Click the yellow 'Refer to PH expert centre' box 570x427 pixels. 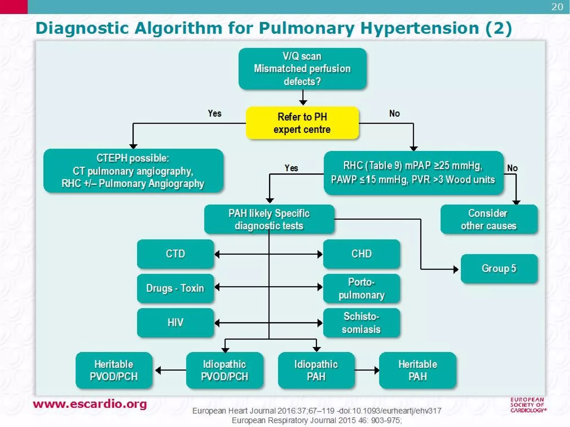pyautogui.click(x=302, y=123)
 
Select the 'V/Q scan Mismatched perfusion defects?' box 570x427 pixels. pyautogui.click(x=302, y=69)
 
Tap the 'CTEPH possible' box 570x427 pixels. pyautogui.click(x=133, y=171)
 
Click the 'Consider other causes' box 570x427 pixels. pyautogui.click(x=489, y=219)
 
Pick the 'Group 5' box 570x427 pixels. pyautogui.click(x=499, y=269)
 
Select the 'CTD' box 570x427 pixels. pyautogui.click(x=175, y=254)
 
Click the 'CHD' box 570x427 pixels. pyautogui.click(x=361, y=254)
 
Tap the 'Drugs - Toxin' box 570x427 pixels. pyautogui.click(x=175, y=288)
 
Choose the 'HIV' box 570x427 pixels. pyautogui.click(x=175, y=322)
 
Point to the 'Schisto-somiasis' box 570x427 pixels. pyautogui.click(x=361, y=323)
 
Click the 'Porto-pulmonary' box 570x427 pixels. pyautogui.click(x=361, y=289)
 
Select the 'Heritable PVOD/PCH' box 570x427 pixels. pyautogui.click(x=114, y=370)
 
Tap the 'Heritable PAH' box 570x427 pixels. pyautogui.click(x=417, y=370)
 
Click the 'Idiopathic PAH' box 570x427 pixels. pyautogui.click(x=316, y=370)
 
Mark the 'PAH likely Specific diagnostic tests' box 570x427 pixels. pyautogui.click(x=269, y=219)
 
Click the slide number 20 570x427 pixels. pyautogui.click(x=557, y=7)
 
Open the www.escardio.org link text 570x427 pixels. pyautogui.click(x=90, y=404)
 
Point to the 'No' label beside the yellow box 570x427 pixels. pyautogui.click(x=394, y=113)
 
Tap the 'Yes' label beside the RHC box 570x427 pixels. pyautogui.click(x=291, y=168)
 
